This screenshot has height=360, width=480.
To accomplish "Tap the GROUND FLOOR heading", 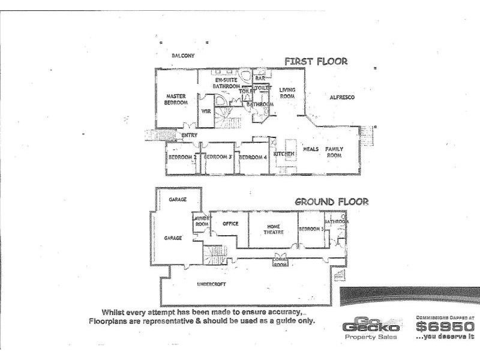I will click(x=331, y=202).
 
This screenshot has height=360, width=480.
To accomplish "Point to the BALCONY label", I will click(x=183, y=56).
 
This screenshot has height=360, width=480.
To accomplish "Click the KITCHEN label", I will click(x=284, y=154).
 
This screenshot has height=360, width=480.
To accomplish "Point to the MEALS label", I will click(x=310, y=149).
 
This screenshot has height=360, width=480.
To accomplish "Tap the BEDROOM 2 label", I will click(x=182, y=157).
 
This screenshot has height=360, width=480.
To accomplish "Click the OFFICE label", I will click(x=230, y=224).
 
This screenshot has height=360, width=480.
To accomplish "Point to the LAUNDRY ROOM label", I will click(x=202, y=221).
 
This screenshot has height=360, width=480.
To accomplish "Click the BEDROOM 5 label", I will click(x=311, y=229).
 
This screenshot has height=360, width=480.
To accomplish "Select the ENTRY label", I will click(x=189, y=135).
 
